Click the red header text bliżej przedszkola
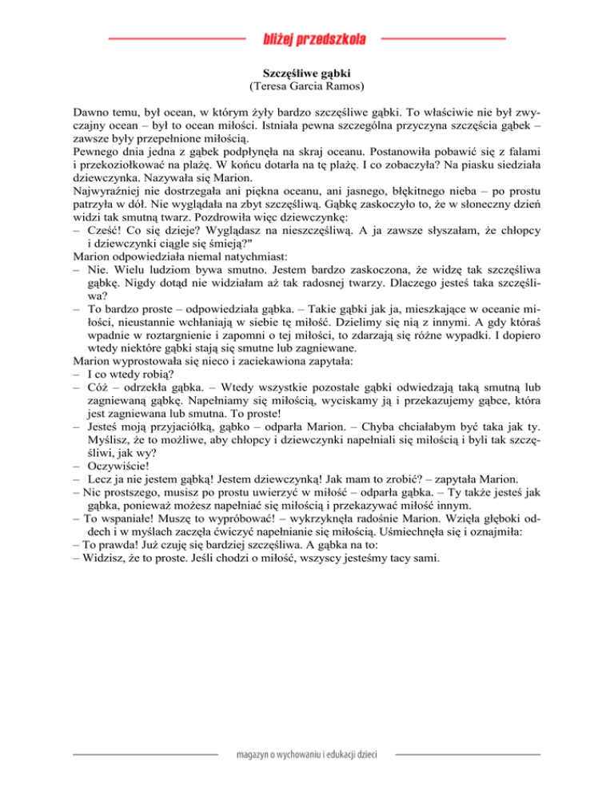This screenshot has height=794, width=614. click(313, 38)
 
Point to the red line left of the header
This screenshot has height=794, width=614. click(176, 38)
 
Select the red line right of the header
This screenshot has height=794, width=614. click(443, 38)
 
